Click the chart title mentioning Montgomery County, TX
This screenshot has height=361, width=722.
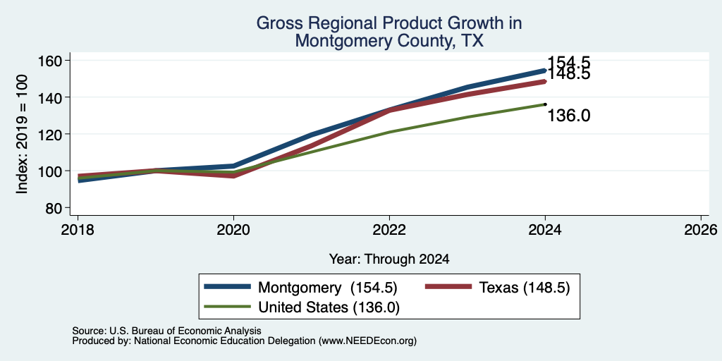[389, 32]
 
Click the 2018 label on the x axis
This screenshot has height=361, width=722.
[78, 229]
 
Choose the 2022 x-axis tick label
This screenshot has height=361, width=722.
[389, 229]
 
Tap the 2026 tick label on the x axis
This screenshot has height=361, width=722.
[702, 229]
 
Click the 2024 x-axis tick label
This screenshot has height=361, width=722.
[545, 229]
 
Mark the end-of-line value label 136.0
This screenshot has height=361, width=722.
[569, 116]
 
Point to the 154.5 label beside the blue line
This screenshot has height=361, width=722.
[569, 63]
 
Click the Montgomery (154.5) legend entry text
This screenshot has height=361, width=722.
[327, 288]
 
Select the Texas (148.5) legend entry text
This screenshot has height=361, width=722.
[525, 288]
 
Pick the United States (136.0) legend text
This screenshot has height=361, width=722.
[329, 307]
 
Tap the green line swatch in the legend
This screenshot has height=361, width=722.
[228, 307]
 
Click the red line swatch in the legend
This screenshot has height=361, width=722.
[448, 287]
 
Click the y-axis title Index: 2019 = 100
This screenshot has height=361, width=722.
[23, 134]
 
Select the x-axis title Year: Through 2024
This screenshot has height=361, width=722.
[389, 259]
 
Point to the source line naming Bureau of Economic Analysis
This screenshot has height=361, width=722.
[166, 331]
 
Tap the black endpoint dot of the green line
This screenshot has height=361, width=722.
[545, 104]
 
